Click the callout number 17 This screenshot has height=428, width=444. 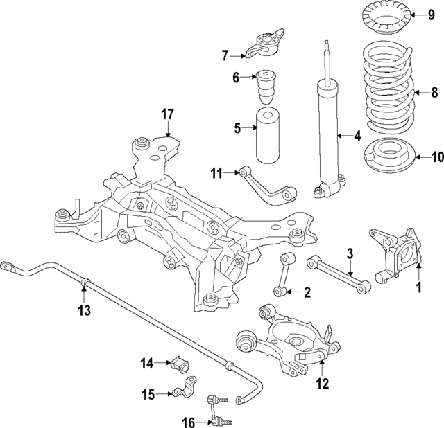tap(166, 114)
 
